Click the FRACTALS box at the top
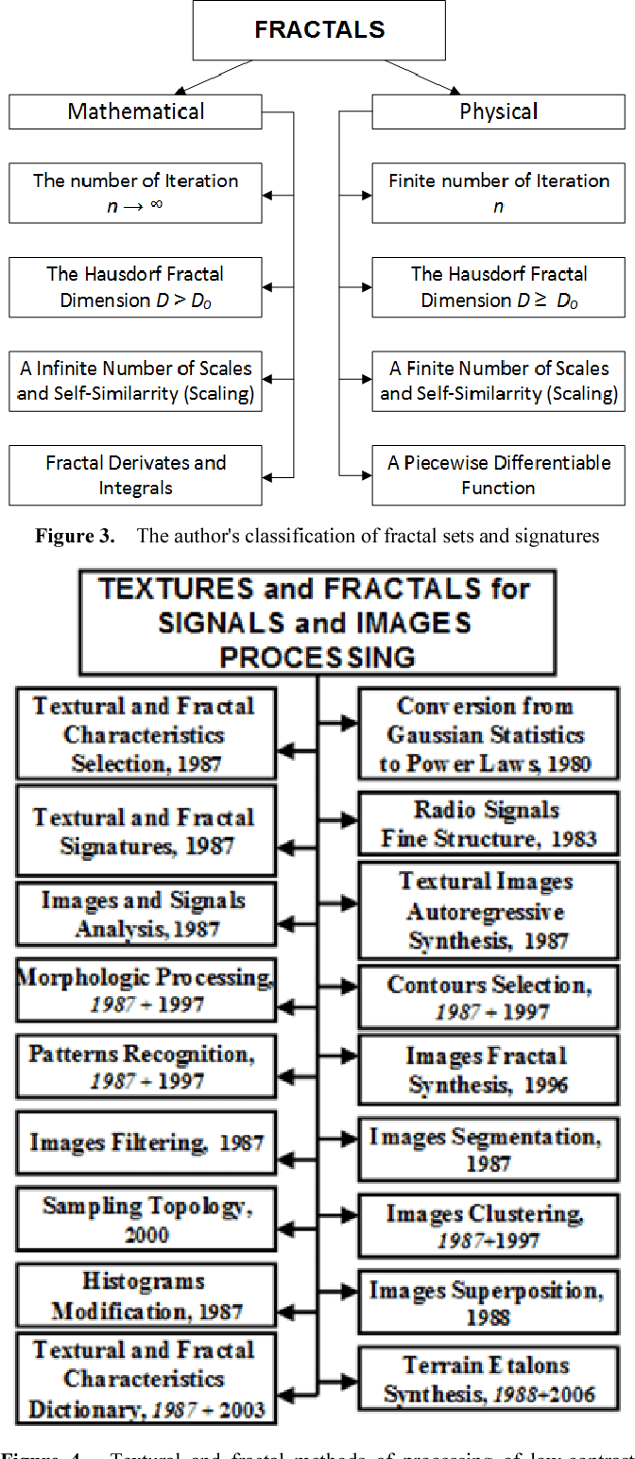coord(319,30)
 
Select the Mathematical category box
coord(135,112)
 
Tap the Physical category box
coord(498,112)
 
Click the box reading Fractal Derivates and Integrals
coord(135,475)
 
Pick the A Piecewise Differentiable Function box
coord(498,475)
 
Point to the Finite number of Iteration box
coord(498,193)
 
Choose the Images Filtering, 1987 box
coord(146,1141)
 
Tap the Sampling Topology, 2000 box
coord(146,1219)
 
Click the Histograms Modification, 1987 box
coord(146,1296)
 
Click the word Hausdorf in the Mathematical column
coord(120,274)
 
